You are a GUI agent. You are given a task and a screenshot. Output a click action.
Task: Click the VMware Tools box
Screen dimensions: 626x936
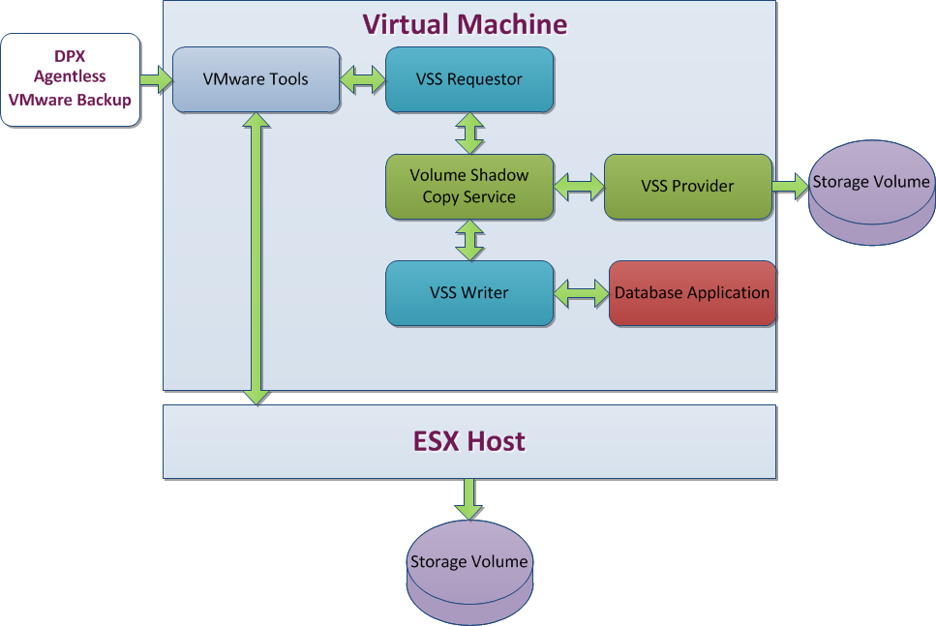256,79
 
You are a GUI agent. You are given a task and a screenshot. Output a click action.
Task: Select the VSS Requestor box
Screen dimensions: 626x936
469,79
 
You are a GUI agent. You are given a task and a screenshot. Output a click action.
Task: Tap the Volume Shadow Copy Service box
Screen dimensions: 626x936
469,186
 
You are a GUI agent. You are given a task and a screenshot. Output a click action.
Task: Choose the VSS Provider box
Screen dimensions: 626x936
687,186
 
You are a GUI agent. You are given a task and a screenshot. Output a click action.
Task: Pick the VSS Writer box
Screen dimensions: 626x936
469,292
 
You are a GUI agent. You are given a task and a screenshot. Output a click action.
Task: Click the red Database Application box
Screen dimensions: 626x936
692,292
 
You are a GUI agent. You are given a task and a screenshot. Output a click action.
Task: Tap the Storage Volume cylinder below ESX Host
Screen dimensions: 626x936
469,566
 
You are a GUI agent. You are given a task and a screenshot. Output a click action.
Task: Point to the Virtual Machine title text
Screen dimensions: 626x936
465,24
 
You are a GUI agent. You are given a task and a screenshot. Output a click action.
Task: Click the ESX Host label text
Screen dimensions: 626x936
469,442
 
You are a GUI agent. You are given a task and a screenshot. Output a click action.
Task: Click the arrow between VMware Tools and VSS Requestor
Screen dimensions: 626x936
363,79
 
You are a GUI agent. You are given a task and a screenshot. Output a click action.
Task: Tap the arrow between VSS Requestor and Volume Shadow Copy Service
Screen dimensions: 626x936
470,133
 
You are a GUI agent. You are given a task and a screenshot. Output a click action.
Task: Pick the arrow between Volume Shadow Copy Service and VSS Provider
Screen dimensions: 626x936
579,186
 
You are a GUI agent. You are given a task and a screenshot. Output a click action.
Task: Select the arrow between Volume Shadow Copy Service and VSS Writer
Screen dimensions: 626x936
470,239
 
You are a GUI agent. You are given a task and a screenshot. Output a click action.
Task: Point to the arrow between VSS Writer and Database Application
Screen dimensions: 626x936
581,292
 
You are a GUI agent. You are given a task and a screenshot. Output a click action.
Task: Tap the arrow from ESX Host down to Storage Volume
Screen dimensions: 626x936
469,499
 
